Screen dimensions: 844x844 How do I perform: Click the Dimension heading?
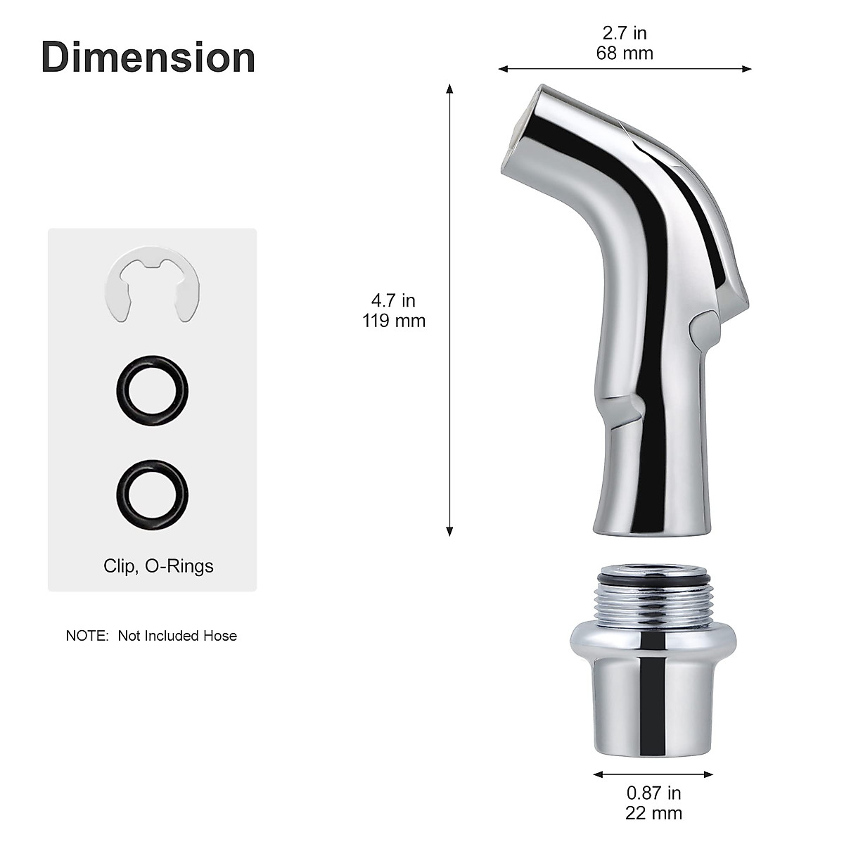pos(148,57)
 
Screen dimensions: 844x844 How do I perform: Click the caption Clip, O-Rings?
pos(158,565)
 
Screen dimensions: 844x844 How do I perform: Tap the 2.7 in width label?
pos(625,33)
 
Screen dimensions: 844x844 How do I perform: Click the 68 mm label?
pos(625,53)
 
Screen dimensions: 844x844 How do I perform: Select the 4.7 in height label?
pos(394,300)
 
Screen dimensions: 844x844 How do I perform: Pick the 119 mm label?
pos(394,321)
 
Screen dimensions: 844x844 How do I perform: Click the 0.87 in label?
pos(653,793)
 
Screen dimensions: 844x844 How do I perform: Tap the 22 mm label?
pos(653,813)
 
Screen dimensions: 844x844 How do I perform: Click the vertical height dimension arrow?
pos(449,309)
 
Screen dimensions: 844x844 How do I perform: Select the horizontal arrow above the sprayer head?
pos(625,69)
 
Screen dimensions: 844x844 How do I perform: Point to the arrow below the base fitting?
pos(653,774)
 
